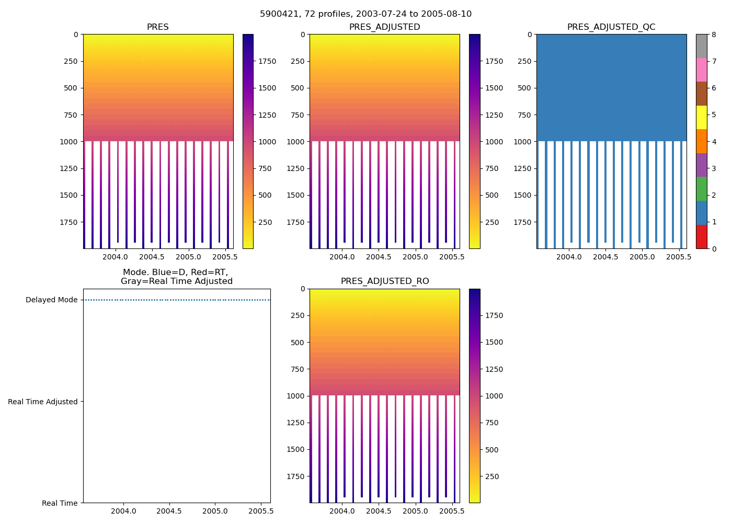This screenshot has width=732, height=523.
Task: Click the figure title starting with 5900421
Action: [365, 14]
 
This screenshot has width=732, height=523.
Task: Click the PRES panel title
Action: [157, 27]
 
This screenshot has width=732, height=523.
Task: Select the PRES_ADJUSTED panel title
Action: [384, 27]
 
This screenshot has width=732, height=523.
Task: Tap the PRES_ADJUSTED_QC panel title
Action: [611, 27]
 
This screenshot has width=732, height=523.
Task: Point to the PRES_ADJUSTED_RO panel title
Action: [384, 281]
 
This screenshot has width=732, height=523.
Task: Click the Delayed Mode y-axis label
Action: [51, 300]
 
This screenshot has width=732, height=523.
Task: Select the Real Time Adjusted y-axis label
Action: [42, 402]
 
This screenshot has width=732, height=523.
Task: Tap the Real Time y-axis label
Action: [60, 503]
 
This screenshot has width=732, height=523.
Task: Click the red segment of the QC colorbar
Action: [701, 237]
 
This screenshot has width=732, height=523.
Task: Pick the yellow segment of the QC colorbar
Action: [701, 118]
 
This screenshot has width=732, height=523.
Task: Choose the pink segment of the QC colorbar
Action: [701, 70]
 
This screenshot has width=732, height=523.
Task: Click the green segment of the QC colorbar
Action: [701, 189]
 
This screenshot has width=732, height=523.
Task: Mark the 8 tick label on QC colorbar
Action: [714, 35]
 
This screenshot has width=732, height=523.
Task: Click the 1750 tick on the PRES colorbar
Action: [267, 61]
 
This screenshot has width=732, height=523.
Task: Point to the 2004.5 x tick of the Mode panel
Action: [169, 511]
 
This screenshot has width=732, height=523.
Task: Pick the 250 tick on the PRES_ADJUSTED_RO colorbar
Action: [491, 476]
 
